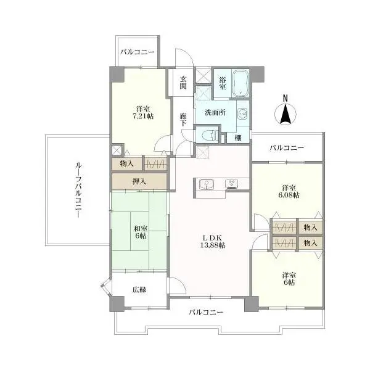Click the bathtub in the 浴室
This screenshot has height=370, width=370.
[x=240, y=83]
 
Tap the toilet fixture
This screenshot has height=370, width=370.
[x=210, y=135]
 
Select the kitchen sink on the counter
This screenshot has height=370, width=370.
[x=206, y=184]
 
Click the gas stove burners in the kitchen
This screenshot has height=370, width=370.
[x=232, y=184]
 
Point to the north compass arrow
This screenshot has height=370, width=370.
[x=286, y=113]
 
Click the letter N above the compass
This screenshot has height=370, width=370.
[x=286, y=98]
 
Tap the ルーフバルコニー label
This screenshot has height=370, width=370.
[x=78, y=190]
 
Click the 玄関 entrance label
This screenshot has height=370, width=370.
[x=183, y=83]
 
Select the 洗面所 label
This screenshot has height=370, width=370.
[x=215, y=113]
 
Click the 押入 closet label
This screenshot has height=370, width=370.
[x=139, y=181]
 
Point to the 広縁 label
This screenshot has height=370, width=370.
[x=139, y=290]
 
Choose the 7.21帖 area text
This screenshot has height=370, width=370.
[x=143, y=116]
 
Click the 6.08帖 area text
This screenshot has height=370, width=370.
[x=289, y=195]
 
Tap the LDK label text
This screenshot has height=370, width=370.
[x=213, y=238]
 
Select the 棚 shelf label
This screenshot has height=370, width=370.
[x=238, y=138]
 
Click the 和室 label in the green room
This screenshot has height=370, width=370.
[x=141, y=228]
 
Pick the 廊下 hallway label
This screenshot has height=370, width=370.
[x=183, y=120]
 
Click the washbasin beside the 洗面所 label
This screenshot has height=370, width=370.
[x=242, y=113]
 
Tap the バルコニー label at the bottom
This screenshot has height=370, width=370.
[x=206, y=313]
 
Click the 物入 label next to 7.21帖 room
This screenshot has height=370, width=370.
[x=126, y=163]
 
